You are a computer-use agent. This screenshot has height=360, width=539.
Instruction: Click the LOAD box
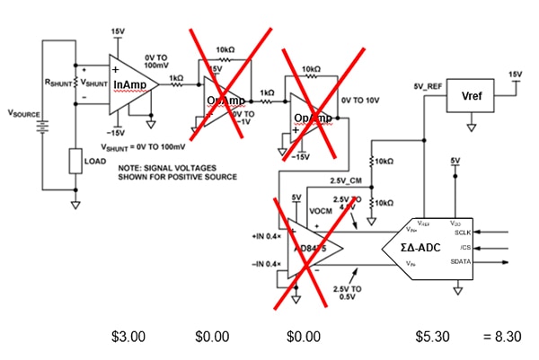coord(75,162)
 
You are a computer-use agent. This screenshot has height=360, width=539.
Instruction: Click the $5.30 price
coord(430,338)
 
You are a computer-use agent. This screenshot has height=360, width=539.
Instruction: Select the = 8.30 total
coord(499,338)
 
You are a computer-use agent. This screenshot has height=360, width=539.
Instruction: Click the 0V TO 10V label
coord(361,100)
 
